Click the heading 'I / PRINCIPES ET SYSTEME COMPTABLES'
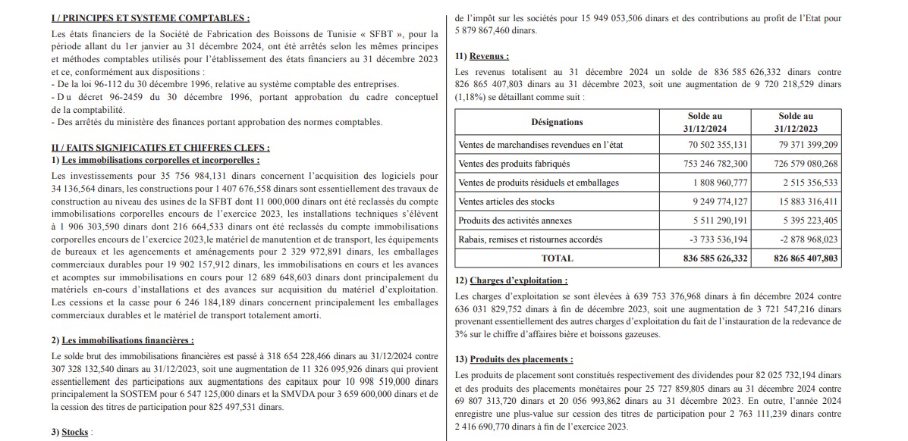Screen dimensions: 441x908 pos(149,18)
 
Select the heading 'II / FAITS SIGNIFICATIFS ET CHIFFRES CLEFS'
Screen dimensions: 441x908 pos(160,148)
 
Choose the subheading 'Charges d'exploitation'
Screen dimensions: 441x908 pos(519,280)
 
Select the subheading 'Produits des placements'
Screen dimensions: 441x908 pos(521,359)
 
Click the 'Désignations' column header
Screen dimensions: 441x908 pos(557,122)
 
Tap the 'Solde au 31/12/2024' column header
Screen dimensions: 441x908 pos(705,122)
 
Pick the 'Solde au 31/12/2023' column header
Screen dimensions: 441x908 pos(796,122)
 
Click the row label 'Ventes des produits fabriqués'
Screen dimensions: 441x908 pos(514,164)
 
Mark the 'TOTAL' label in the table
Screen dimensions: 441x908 pos(557,258)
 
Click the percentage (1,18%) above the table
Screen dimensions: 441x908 pos(472,98)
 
